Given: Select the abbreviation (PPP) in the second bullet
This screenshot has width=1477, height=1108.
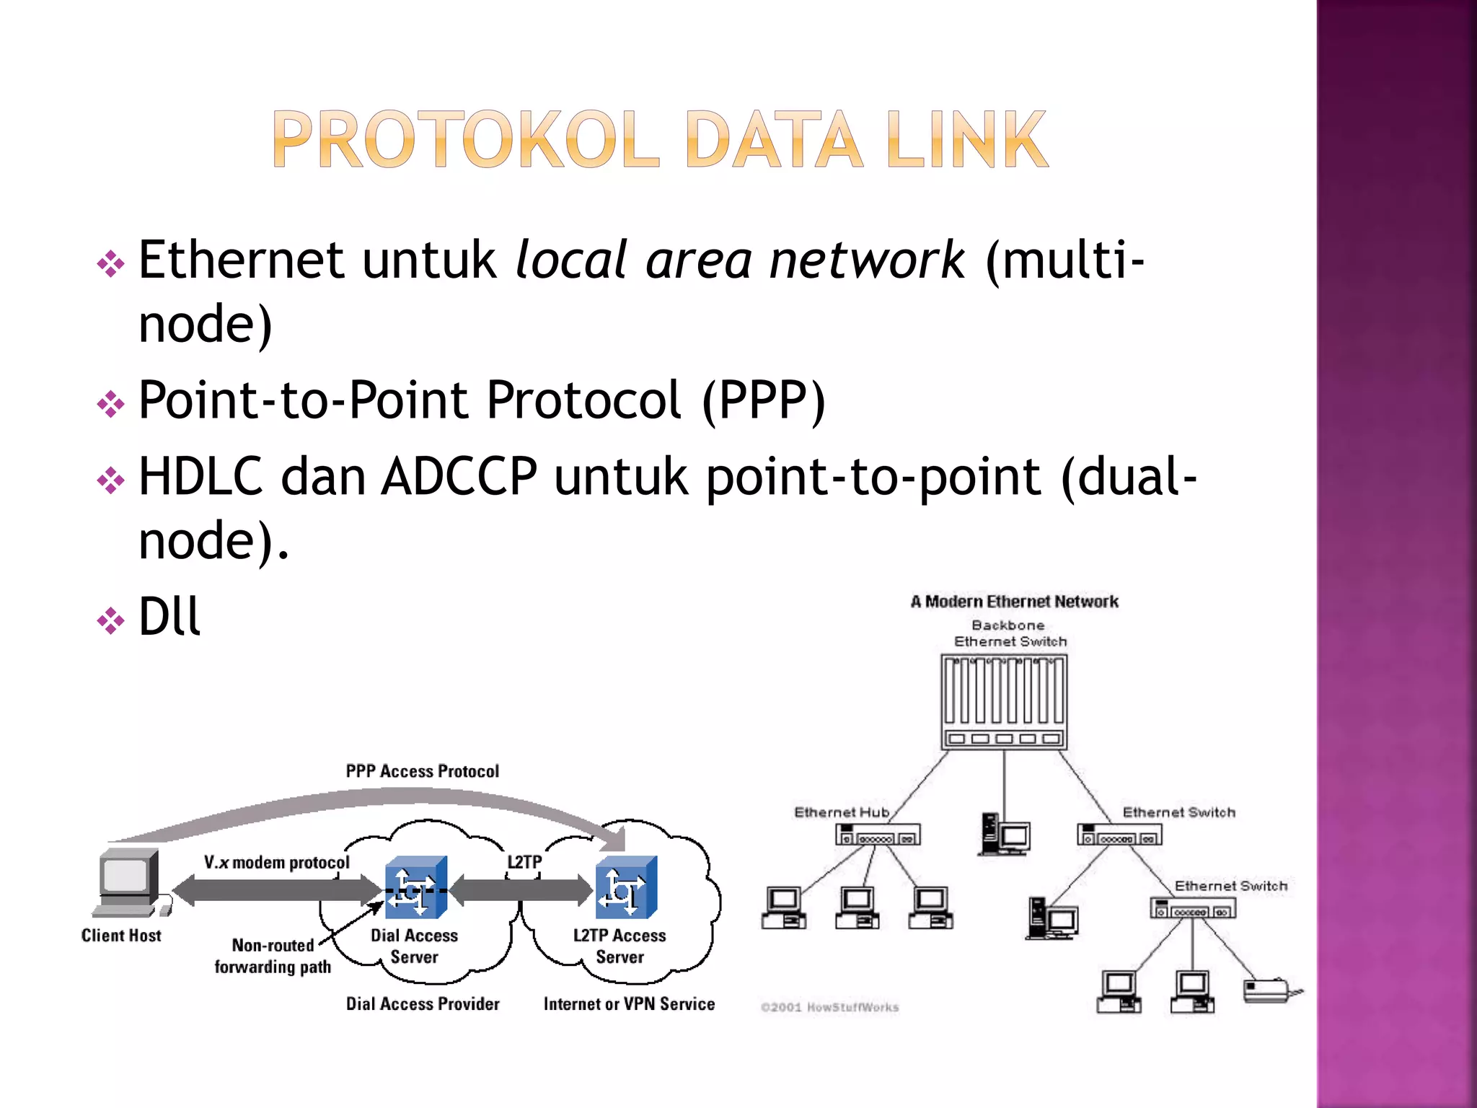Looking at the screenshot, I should tap(763, 400).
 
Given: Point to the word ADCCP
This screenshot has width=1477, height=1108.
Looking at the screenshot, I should tap(459, 477).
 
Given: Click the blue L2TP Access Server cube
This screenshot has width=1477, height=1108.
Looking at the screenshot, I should tap(625, 887).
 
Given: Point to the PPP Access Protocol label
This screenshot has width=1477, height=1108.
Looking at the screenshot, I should tap(422, 771).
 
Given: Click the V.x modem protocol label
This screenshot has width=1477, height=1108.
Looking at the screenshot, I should tap(276, 863).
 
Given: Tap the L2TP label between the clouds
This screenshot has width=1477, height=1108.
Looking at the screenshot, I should tap(524, 862).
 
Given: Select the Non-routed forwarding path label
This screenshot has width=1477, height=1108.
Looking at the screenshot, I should tap(273, 956).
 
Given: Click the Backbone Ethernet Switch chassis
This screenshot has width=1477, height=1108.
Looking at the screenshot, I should tap(1004, 701).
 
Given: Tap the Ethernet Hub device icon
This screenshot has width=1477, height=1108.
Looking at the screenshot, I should tap(878, 835).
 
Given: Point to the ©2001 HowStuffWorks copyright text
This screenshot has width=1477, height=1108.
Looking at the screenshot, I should tap(829, 1007).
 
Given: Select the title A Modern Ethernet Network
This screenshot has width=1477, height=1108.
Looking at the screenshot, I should tap(1014, 602).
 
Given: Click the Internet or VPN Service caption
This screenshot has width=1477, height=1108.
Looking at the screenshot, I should tap(629, 1004).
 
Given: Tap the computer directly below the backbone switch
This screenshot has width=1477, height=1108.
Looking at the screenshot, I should tap(1005, 835).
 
